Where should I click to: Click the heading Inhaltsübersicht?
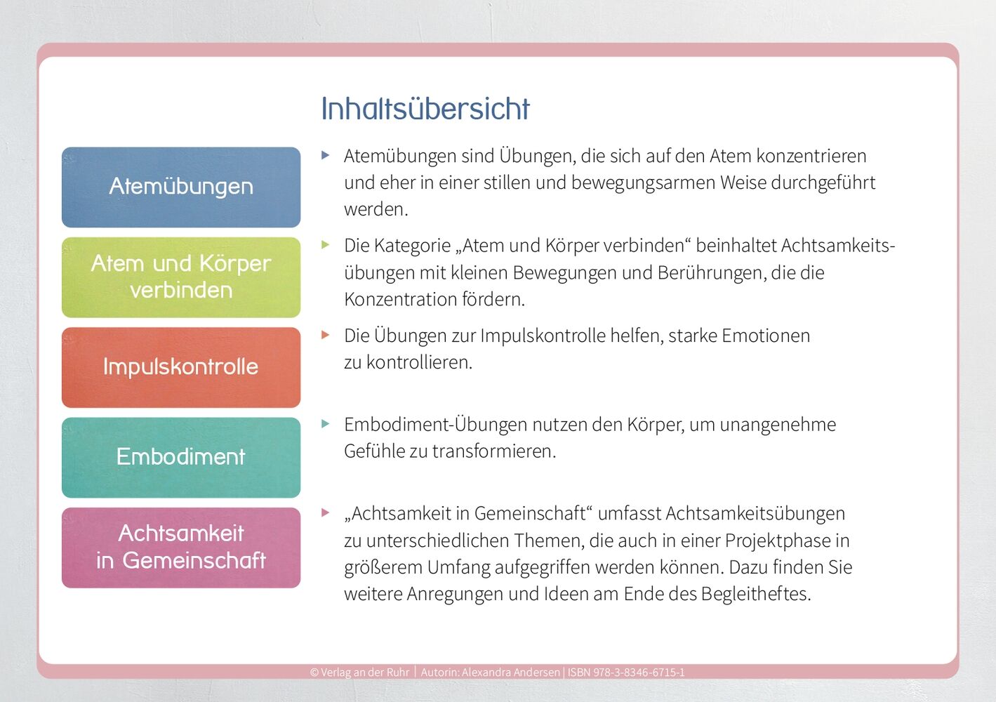(x=425, y=109)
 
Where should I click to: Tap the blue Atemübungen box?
(x=181, y=187)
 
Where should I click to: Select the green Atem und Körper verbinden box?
(x=181, y=277)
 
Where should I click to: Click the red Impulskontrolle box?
(x=181, y=367)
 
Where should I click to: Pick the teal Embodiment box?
(x=181, y=457)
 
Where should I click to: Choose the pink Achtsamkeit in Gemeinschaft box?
(x=181, y=548)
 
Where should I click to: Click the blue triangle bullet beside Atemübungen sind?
(x=326, y=155)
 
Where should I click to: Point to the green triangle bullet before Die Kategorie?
(x=326, y=244)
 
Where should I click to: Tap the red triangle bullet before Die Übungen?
(x=326, y=335)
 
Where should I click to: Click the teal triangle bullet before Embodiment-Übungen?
(x=326, y=424)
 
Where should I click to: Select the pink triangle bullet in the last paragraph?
(x=326, y=512)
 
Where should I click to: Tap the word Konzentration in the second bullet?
(x=400, y=299)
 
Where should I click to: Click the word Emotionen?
(x=766, y=336)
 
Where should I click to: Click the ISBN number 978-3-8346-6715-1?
(x=639, y=673)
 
